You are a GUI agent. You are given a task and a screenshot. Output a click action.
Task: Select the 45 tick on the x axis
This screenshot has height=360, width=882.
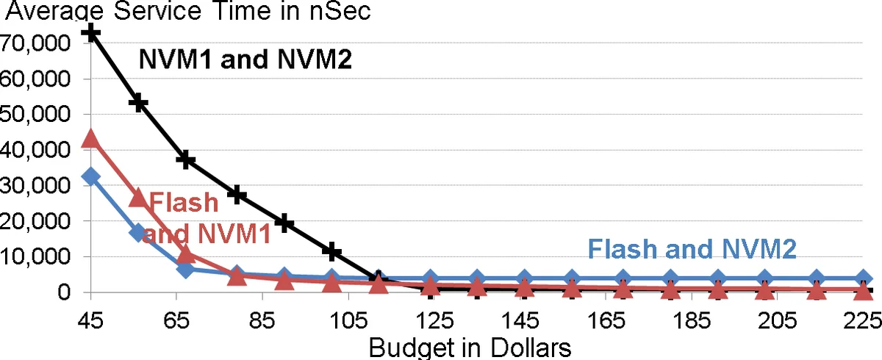pyautogui.click(x=90, y=320)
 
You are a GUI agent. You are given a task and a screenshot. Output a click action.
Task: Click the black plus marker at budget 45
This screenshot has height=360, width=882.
pyautogui.click(x=90, y=32)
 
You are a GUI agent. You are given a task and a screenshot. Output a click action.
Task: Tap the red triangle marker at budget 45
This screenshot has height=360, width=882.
pyautogui.click(x=90, y=138)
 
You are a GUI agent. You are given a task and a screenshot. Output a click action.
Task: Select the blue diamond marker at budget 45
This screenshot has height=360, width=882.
pyautogui.click(x=90, y=176)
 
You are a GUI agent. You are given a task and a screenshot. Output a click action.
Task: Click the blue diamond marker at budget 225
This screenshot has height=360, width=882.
pyautogui.click(x=864, y=279)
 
